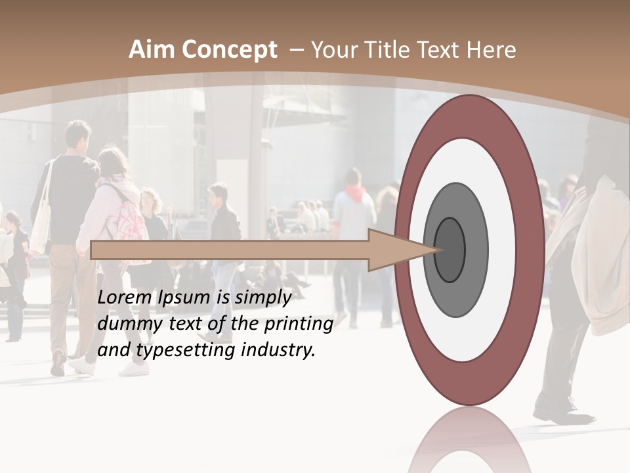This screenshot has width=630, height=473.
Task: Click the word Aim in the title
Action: point(152,50)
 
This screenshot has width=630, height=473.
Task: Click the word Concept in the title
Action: point(228,51)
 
